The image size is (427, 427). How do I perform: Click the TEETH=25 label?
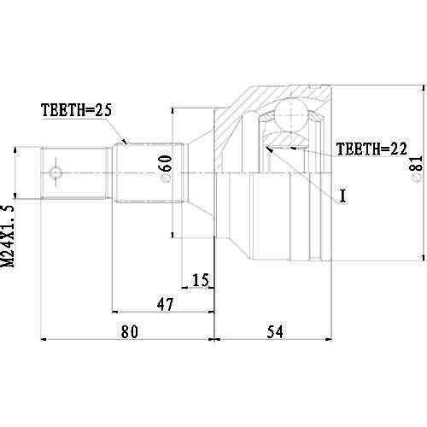(x=77, y=109)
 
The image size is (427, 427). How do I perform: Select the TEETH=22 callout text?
(x=369, y=148)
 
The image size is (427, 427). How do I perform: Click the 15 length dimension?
(x=201, y=279)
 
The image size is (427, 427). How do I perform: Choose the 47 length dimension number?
(x=164, y=303)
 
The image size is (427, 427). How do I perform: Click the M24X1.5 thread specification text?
(x=9, y=237)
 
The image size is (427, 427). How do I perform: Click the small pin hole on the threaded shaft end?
(x=56, y=174)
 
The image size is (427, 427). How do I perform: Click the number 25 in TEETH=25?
(x=105, y=109)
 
